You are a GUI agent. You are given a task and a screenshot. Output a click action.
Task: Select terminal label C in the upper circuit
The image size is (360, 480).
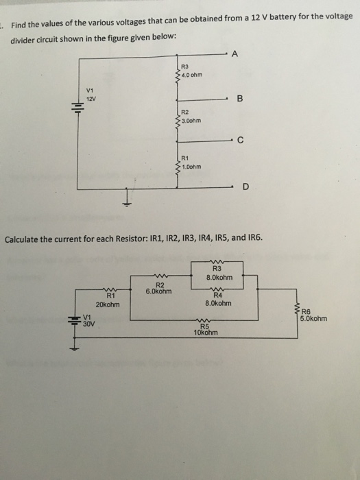pos(240,142)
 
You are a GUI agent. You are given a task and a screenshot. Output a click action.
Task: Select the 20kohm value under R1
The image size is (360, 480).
pos(108,304)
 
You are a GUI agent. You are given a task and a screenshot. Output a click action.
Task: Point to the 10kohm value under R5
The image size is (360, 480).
pos(205,333)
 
